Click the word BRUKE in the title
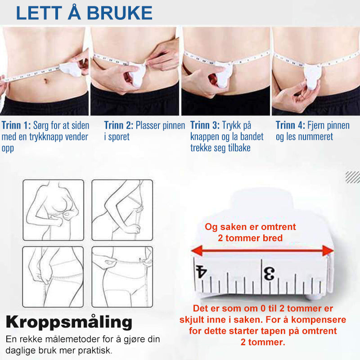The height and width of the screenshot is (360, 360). click(x=120, y=13)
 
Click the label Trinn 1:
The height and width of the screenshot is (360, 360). click(x=16, y=126)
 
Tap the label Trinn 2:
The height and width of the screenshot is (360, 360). click(x=119, y=126)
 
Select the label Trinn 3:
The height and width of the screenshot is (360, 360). click(x=205, y=126)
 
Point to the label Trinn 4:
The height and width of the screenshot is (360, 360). click(x=290, y=126)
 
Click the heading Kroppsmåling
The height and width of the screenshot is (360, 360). click(x=69, y=322)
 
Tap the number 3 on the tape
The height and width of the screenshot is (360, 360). click(x=269, y=274)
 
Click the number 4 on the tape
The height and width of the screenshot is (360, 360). click(x=201, y=272)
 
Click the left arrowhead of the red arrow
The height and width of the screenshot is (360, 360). click(x=197, y=251)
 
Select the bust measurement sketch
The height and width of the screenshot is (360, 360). click(x=53, y=210)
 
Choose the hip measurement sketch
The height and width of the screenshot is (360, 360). click(x=53, y=277)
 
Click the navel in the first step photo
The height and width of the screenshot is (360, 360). click(x=46, y=81)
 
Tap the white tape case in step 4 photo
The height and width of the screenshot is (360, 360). click(x=312, y=76)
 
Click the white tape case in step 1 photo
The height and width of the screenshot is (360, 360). click(x=71, y=69)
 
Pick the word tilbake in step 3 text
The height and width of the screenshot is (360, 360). click(x=239, y=148)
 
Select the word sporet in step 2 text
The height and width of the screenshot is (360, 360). click(x=119, y=137)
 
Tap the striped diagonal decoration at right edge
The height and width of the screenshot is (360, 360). click(x=353, y=177)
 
